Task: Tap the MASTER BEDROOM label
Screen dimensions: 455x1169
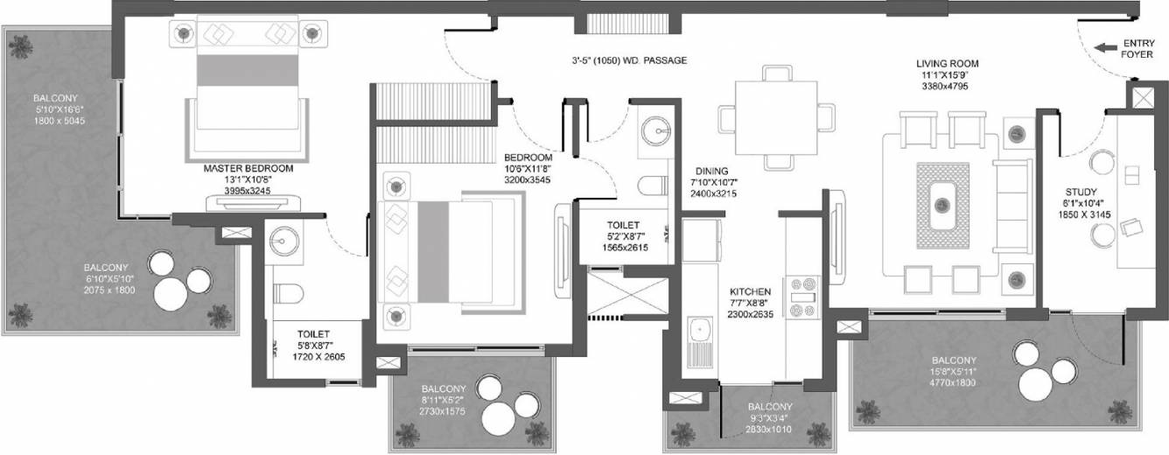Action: click(248, 168)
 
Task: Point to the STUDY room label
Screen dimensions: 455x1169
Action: click(1081, 192)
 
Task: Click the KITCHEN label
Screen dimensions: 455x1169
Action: click(751, 291)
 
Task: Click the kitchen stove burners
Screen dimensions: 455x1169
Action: click(801, 297)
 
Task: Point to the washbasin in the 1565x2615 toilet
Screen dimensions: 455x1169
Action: click(654, 130)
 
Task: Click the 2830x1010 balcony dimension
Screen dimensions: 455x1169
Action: click(770, 429)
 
